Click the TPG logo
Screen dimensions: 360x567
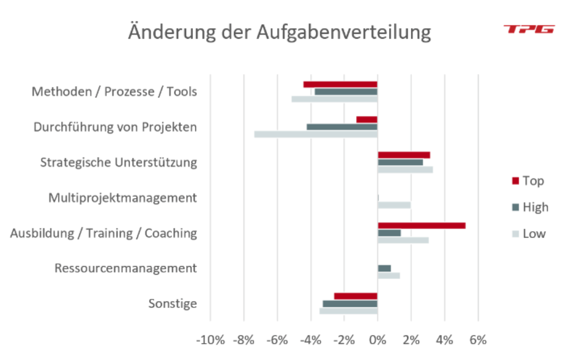tap(529, 29)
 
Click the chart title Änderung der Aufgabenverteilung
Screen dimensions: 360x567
tap(279, 32)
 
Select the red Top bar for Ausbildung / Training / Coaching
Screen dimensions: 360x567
tap(421, 225)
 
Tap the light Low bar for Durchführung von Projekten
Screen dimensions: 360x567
tap(315, 134)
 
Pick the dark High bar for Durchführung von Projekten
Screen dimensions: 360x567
tap(342, 127)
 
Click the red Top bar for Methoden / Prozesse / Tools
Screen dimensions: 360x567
tap(340, 84)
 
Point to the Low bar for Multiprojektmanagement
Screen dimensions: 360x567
tap(394, 205)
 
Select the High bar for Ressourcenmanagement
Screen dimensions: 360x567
tap(384, 268)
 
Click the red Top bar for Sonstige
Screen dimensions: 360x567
tap(356, 296)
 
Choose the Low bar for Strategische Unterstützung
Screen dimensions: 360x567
tap(405, 170)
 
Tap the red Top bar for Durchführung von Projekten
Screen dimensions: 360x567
tap(367, 120)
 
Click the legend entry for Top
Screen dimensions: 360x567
tap(528, 181)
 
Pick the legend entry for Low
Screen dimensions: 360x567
tap(528, 233)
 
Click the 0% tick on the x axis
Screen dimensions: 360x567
tap(377, 340)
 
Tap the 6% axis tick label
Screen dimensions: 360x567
tap(477, 340)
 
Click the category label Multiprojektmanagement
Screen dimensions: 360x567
tap(122, 198)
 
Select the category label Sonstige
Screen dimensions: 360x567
tap(172, 304)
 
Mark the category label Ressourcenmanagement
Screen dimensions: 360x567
tap(126, 268)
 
